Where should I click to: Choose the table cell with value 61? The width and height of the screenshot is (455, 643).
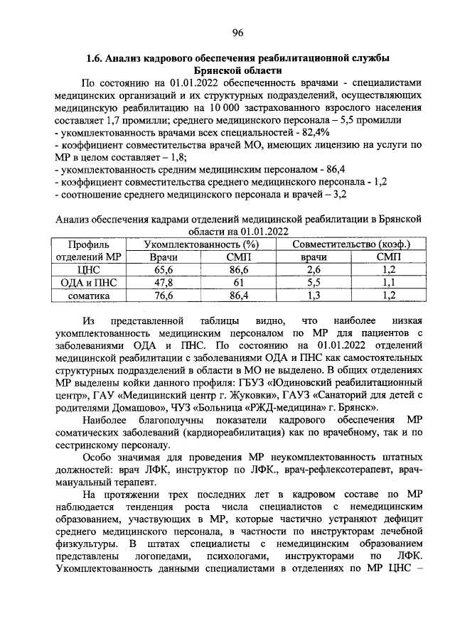[237, 282]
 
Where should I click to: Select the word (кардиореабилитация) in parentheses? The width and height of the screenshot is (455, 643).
[230, 432]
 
